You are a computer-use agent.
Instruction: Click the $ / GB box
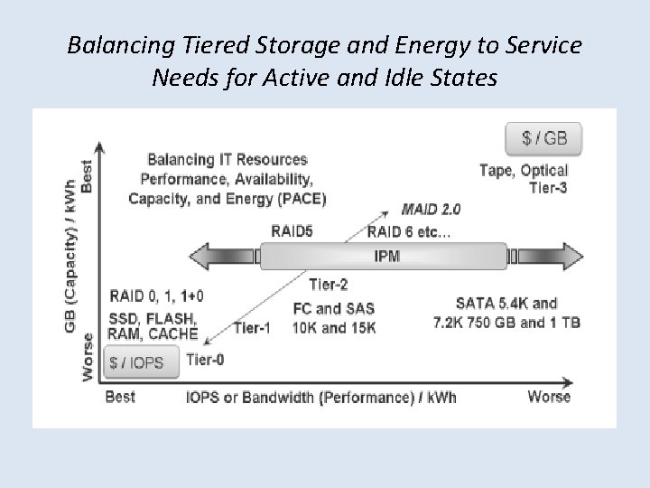[x=545, y=139]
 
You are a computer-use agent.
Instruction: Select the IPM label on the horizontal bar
[x=386, y=256]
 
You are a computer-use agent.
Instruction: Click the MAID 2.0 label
[x=431, y=209]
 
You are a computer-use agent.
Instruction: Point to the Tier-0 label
[x=206, y=359]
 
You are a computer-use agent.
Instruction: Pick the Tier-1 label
[x=252, y=327]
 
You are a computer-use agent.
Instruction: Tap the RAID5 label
[x=293, y=231]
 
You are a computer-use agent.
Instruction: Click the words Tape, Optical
[x=524, y=170]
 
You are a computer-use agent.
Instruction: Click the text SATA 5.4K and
[x=506, y=304]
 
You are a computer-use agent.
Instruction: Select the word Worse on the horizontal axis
[x=549, y=397]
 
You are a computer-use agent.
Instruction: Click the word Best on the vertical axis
[x=88, y=174]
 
